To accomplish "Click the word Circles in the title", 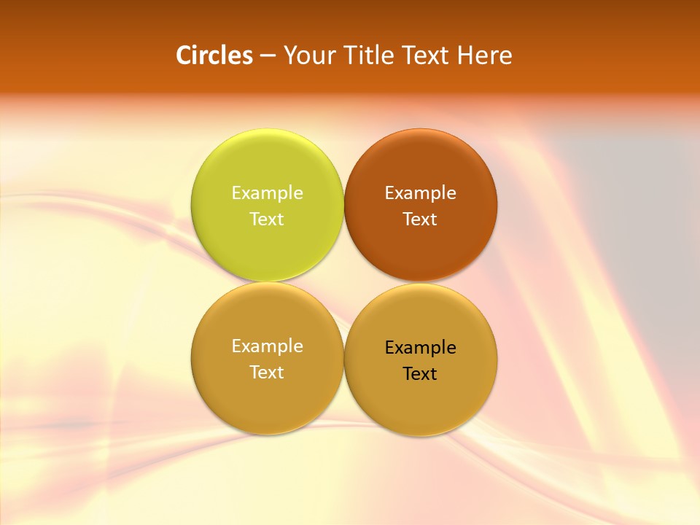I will coord(214,55).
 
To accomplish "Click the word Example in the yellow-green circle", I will coord(267,193).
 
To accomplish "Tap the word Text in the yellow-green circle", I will coord(267,219).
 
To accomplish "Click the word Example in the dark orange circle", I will coord(420,193).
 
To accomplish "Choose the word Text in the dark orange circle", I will coord(420,219).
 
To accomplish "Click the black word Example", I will coord(420,348).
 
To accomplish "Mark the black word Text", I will coord(420,374).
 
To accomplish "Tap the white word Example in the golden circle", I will coord(267,346).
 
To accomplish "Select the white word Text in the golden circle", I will coord(267,373).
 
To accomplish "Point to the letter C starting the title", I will coord(184,55).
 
